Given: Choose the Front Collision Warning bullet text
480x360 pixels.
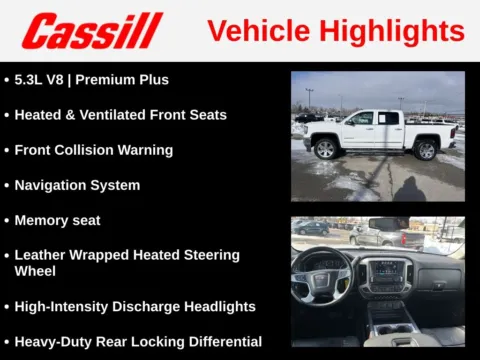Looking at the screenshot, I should (94, 150).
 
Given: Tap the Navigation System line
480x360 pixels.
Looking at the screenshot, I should (77, 185).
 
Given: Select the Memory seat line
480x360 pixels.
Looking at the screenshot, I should (57, 220).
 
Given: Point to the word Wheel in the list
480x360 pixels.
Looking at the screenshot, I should (35, 271).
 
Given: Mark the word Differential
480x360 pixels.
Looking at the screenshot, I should (221, 341).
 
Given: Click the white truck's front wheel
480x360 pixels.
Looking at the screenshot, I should (325, 150).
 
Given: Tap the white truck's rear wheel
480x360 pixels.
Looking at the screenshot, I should (426, 150).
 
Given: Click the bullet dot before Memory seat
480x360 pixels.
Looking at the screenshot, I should (7, 220).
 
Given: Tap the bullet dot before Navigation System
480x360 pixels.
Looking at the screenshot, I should (7, 185).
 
